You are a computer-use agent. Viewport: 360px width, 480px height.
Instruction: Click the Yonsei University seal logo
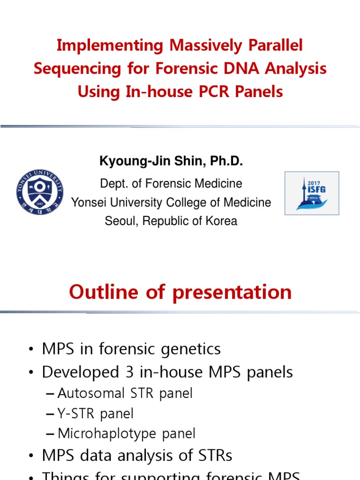pyautogui.click(x=39, y=192)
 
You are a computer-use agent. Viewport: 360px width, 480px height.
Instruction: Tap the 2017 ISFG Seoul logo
pyautogui.click(x=312, y=193)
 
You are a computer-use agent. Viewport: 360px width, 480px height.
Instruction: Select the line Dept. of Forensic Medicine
pyautogui.click(x=171, y=183)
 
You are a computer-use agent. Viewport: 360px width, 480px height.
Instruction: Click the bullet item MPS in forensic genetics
pyautogui.click(x=131, y=349)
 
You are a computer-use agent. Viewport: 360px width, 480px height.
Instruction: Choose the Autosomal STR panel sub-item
pyautogui.click(x=125, y=393)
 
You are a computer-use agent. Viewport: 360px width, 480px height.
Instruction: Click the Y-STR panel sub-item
pyautogui.click(x=96, y=413)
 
